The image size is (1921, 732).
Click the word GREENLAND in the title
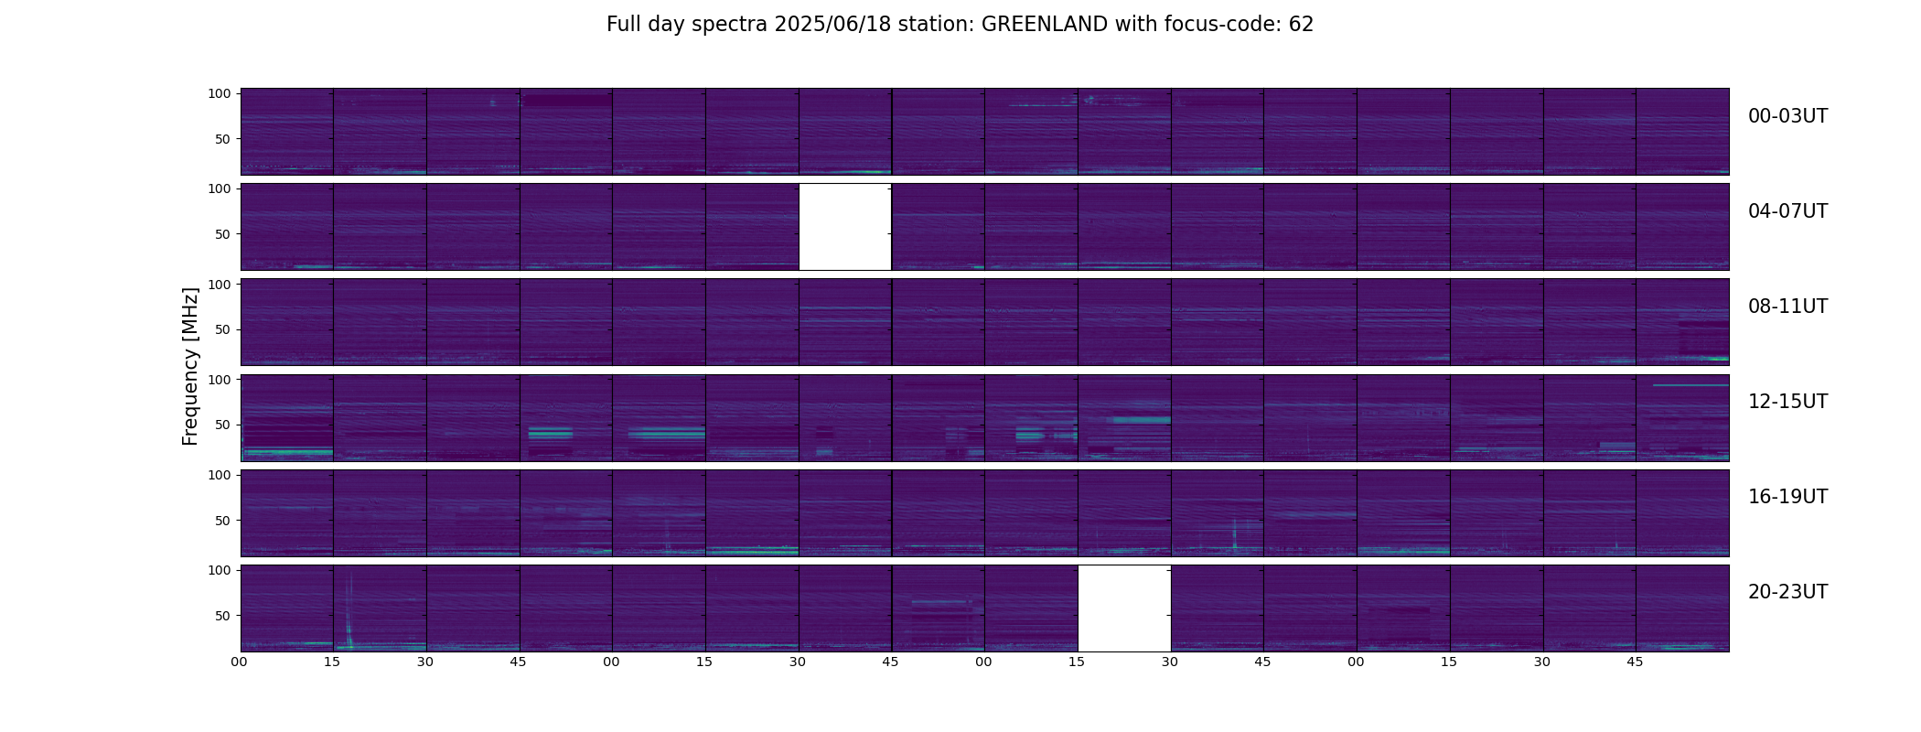click(1044, 25)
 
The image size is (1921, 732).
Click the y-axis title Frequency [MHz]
click(190, 366)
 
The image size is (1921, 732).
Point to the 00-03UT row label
click(1787, 116)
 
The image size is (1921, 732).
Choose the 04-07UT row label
click(1787, 211)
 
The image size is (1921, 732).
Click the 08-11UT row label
click(1787, 307)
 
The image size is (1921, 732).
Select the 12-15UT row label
click(1787, 402)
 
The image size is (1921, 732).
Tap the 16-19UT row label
click(1787, 497)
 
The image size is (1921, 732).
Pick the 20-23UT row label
click(1787, 592)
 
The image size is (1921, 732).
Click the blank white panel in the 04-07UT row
click(845, 227)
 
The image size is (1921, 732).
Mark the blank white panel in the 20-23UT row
click(1124, 608)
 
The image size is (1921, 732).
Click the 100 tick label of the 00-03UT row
click(220, 93)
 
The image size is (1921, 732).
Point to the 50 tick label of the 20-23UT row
click(223, 616)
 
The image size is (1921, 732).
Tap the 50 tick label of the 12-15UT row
click(223, 425)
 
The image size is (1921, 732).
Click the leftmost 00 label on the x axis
click(239, 662)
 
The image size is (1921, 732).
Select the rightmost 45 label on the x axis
click(1635, 662)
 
